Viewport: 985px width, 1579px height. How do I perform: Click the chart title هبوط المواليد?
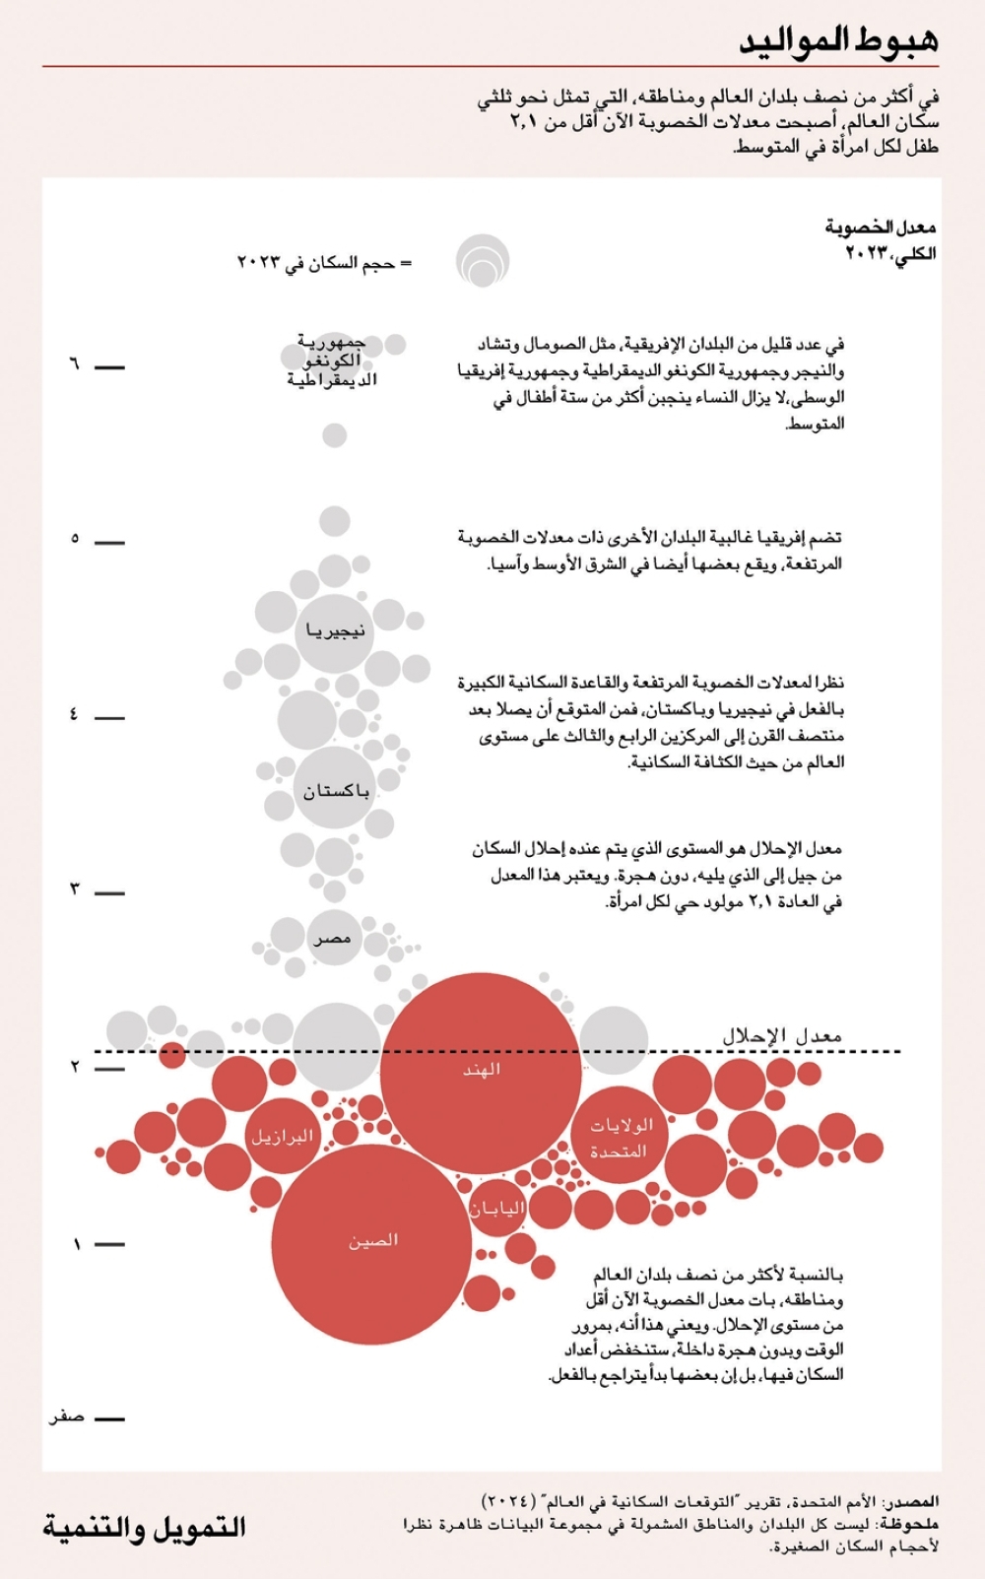(x=838, y=40)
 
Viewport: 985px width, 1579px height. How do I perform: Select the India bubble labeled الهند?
(x=482, y=1072)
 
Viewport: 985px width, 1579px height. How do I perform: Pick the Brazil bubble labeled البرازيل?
(x=282, y=1136)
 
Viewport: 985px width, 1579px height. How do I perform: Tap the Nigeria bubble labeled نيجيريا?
(x=335, y=631)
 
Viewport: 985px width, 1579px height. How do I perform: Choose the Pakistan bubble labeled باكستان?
(x=335, y=790)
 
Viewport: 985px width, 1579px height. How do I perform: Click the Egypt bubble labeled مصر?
(x=333, y=939)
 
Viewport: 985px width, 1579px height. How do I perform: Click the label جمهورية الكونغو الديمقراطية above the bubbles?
(x=332, y=361)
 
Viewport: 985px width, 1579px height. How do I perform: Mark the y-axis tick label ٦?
(x=74, y=364)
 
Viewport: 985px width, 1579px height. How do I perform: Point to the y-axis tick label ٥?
(x=74, y=539)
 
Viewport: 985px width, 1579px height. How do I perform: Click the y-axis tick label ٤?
(x=74, y=714)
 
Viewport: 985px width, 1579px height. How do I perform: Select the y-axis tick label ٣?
(x=74, y=889)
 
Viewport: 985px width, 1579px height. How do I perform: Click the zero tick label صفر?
(x=67, y=1417)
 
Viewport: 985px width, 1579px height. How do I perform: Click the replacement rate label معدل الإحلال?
(x=783, y=1035)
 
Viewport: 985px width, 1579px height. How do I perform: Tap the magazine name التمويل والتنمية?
(x=144, y=1528)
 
